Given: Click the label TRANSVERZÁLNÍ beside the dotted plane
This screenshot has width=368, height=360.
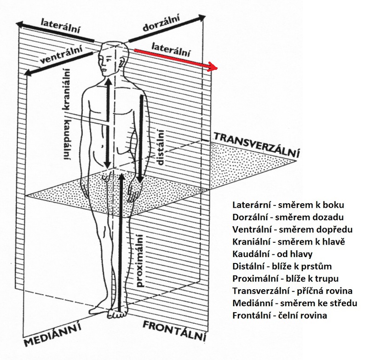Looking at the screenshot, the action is pyautogui.click(x=256, y=144).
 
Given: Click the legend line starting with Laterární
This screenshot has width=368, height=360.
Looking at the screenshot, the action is pyautogui.click(x=288, y=205).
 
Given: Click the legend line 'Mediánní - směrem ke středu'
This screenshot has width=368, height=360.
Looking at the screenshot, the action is pyautogui.click(x=295, y=303).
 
